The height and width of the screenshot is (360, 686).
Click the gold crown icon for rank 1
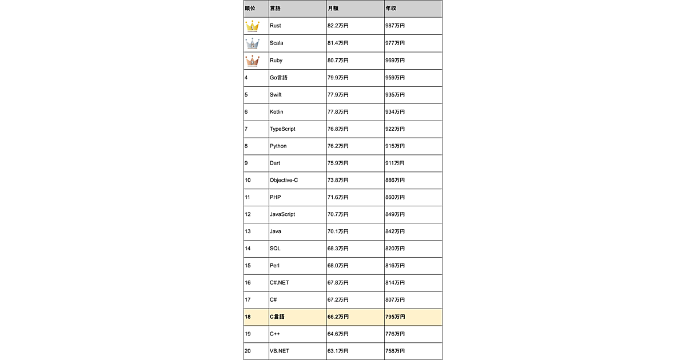coord(252,26)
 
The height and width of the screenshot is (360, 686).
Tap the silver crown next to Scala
coord(252,43)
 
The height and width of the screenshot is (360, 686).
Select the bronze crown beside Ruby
coord(252,61)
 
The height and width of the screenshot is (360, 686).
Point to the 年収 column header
coord(390,9)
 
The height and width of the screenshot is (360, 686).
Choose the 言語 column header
coord(276,9)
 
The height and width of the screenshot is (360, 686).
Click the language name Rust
coord(276,26)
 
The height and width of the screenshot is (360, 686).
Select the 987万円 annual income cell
coord(395,26)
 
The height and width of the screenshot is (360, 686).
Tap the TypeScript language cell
coord(282,129)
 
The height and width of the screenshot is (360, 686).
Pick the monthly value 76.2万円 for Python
coord(338,146)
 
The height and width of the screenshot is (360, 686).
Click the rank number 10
coord(248,180)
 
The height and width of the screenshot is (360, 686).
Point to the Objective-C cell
coord(284,180)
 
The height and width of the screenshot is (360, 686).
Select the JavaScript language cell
coord(282,214)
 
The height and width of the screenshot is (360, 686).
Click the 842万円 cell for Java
coord(395,231)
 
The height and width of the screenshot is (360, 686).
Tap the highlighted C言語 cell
coord(277,317)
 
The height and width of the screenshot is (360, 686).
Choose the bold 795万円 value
coord(396,317)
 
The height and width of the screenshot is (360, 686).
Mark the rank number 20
coord(248,351)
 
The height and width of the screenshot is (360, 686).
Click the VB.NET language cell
coord(280,351)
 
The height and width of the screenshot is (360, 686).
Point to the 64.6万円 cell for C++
coord(338,334)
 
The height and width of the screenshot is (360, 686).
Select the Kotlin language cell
coord(277,111)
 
